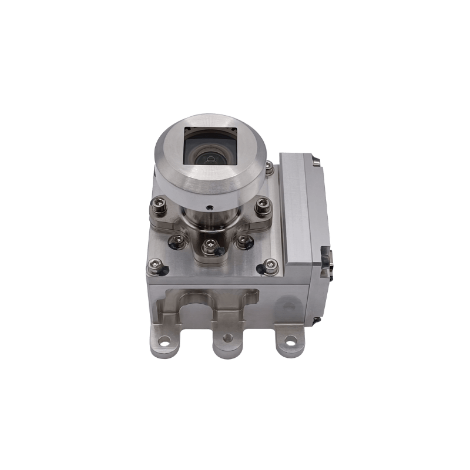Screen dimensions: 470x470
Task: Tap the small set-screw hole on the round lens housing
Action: click(x=210, y=207)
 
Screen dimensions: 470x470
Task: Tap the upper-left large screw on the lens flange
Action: click(x=159, y=206)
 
